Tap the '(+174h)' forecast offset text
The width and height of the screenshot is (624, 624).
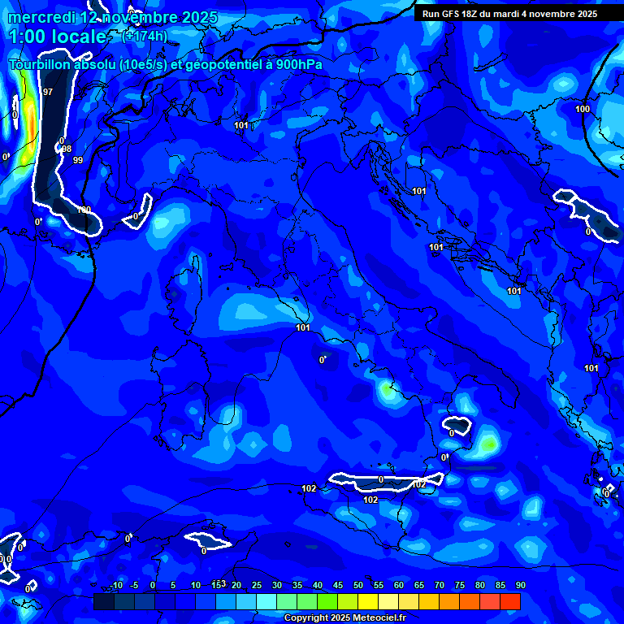pyautogui.click(x=145, y=36)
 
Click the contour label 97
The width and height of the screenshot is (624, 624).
pyautogui.click(x=48, y=92)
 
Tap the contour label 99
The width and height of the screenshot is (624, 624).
pyautogui.click(x=78, y=160)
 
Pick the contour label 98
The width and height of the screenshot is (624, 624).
pyautogui.click(x=67, y=149)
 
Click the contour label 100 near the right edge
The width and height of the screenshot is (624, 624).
pyautogui.click(x=583, y=109)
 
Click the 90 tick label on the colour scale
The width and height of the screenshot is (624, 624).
pyautogui.click(x=520, y=585)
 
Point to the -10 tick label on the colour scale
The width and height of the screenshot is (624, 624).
pyautogui.click(x=115, y=585)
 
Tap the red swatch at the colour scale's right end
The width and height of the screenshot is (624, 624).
pyautogui.click(x=510, y=601)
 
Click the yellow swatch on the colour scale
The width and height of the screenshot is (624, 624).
pyautogui.click(x=368, y=601)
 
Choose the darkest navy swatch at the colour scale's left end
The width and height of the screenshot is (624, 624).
pyautogui.click(x=103, y=601)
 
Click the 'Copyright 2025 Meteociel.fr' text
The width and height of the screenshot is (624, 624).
pyautogui.click(x=344, y=617)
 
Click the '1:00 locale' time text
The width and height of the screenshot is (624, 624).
pyautogui.click(x=57, y=37)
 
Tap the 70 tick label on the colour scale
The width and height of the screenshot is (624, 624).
pyautogui.click(x=439, y=585)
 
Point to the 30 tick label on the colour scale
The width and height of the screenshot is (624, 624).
pyautogui.click(x=276, y=585)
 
